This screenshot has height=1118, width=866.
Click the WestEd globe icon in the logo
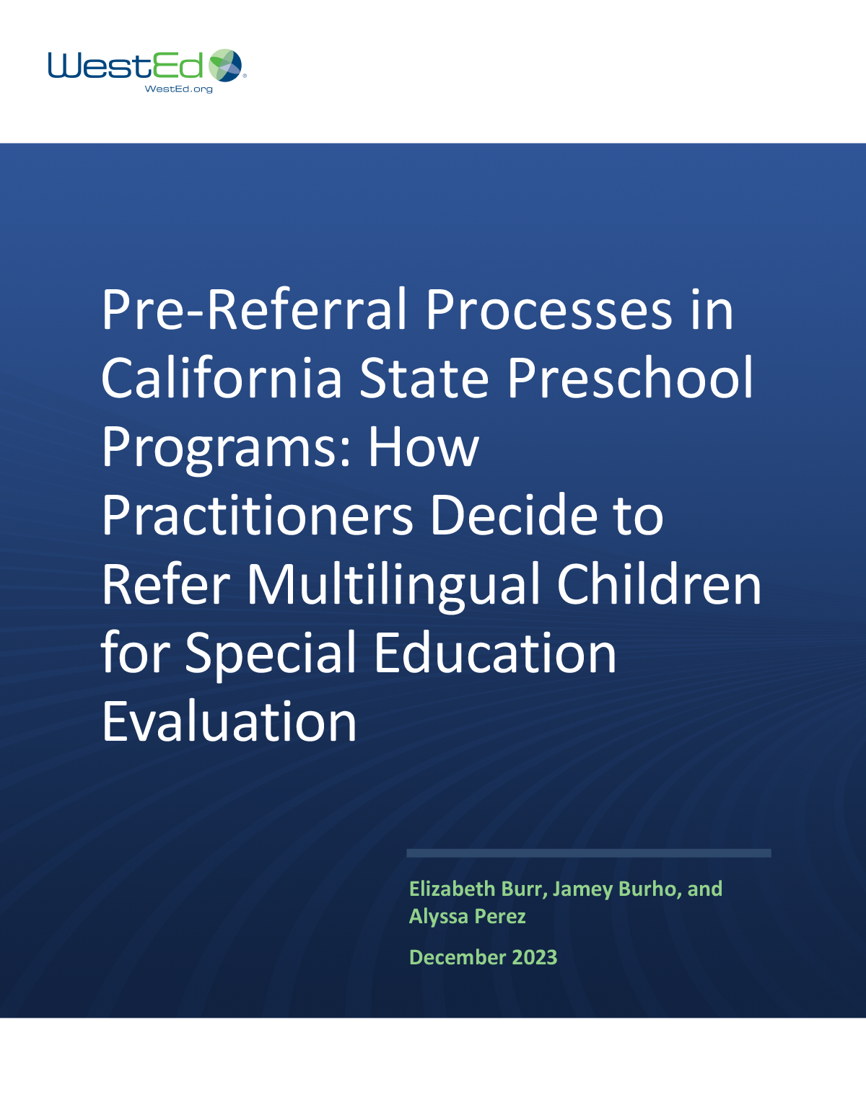(226, 66)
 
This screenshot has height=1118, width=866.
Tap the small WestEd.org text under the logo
(179, 89)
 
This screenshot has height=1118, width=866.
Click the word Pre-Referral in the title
(255, 310)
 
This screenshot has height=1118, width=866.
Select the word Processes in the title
(548, 310)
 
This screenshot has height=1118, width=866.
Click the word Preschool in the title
(630, 379)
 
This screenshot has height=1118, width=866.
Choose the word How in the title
(424, 447)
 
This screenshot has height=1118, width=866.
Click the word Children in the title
(659, 584)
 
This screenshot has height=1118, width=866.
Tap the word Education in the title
(495, 653)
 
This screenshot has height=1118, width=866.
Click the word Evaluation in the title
(229, 721)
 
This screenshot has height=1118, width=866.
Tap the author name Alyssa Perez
(468, 916)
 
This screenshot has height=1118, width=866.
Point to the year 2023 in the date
(534, 957)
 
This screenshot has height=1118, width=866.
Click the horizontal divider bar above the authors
(589, 853)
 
